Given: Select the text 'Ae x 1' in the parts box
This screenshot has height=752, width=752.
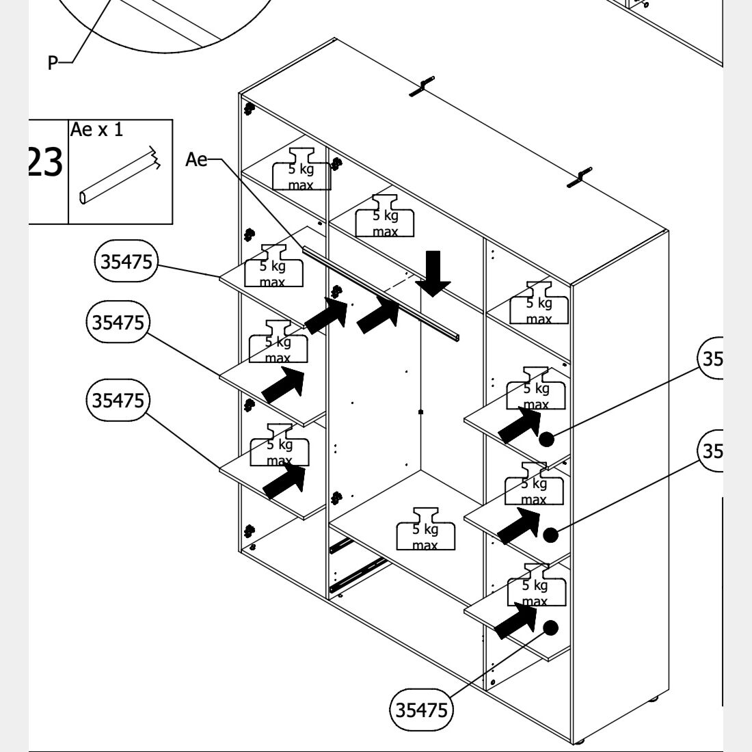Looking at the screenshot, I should coord(96,129).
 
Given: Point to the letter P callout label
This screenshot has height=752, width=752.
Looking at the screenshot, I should coord(53,63).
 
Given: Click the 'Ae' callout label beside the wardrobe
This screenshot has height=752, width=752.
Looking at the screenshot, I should coord(196,159).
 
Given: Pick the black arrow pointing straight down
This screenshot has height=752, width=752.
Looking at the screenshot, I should coord(434,273).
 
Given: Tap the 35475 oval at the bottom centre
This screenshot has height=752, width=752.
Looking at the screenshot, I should coord(422,710).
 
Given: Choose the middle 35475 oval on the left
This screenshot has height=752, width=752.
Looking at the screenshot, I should coord(118,321).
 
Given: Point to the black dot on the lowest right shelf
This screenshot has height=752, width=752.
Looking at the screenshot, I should coord(551,627).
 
